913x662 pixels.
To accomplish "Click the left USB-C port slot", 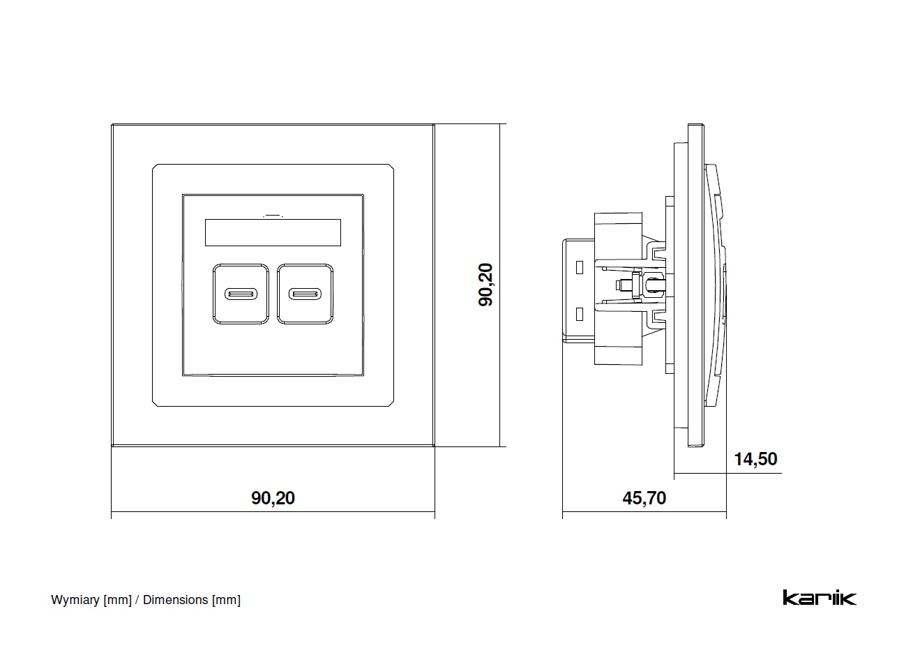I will click(x=241, y=294).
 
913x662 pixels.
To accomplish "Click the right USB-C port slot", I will click(x=305, y=294).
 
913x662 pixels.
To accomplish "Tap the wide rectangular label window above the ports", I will click(x=273, y=232).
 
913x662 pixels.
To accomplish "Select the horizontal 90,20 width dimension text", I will click(x=273, y=497).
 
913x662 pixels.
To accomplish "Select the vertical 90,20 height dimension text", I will click(x=485, y=284).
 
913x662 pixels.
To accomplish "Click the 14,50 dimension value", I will click(x=755, y=459).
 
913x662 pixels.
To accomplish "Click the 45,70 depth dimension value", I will click(x=644, y=497).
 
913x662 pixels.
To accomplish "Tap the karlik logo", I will click(x=819, y=598).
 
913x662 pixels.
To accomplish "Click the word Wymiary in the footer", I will click(x=75, y=600).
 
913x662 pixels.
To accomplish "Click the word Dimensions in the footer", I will click(x=175, y=600).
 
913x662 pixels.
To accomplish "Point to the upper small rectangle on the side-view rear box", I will click(x=579, y=266).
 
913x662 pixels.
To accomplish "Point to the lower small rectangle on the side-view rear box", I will click(x=579, y=314).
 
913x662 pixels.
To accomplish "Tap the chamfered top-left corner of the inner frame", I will click(x=156, y=167).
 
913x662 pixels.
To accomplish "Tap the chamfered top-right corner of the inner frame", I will click(x=391, y=167).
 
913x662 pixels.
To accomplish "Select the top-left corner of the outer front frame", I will click(x=113, y=126).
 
